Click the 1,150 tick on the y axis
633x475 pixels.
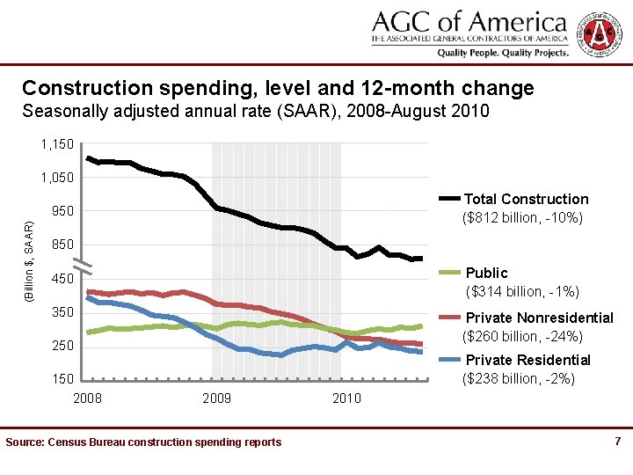tap(57, 143)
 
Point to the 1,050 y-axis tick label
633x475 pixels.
tap(57, 178)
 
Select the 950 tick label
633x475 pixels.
tap(62, 211)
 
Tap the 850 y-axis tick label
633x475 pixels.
tap(62, 245)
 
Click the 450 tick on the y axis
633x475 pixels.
tap(62, 279)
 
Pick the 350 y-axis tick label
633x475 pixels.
tap(62, 312)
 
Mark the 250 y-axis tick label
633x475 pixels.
tap(62, 346)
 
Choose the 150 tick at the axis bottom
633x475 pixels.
tap(62, 379)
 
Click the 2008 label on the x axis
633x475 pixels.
tap(86, 398)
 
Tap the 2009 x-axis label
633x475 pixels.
tap(216, 398)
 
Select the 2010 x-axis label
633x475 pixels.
tap(346, 398)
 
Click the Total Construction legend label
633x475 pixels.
tap(526, 200)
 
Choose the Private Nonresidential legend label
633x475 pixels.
tap(539, 318)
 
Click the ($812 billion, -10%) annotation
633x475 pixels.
tap(522, 217)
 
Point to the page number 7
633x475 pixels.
tap(618, 441)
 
